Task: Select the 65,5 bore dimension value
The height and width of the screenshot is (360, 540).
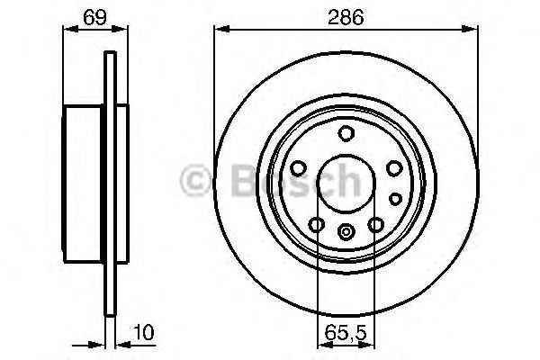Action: tap(346, 333)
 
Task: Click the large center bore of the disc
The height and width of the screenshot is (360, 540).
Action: tap(346, 180)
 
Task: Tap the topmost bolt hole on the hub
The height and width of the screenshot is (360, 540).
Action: tap(346, 134)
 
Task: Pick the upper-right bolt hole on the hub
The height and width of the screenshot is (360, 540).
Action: tap(392, 167)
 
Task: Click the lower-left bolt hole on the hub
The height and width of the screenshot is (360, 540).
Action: tap(317, 224)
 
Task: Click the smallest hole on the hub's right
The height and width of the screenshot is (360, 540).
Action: tap(394, 198)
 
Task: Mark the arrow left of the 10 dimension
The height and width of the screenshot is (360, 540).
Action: tap(97, 343)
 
